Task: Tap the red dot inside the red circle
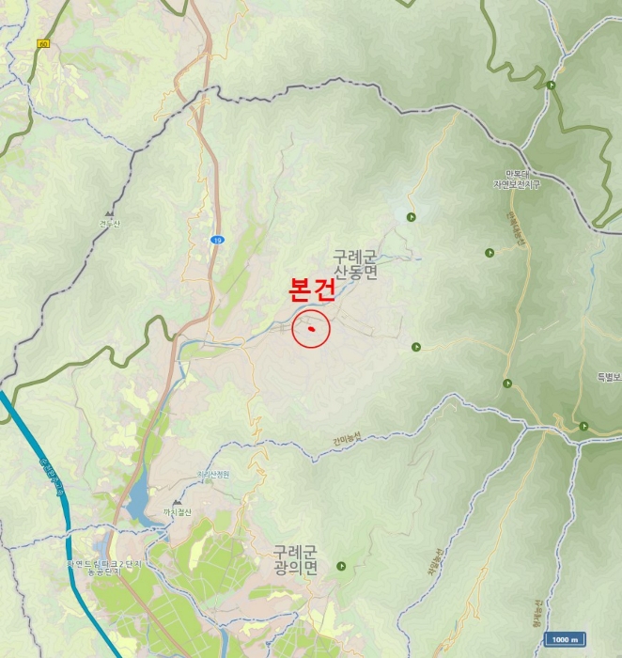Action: tap(310, 330)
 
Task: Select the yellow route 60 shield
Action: tap(43, 44)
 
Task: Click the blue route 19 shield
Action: tap(216, 241)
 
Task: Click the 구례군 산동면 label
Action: tap(354, 264)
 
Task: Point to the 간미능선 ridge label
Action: tap(346, 437)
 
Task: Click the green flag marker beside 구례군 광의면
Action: tap(341, 566)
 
